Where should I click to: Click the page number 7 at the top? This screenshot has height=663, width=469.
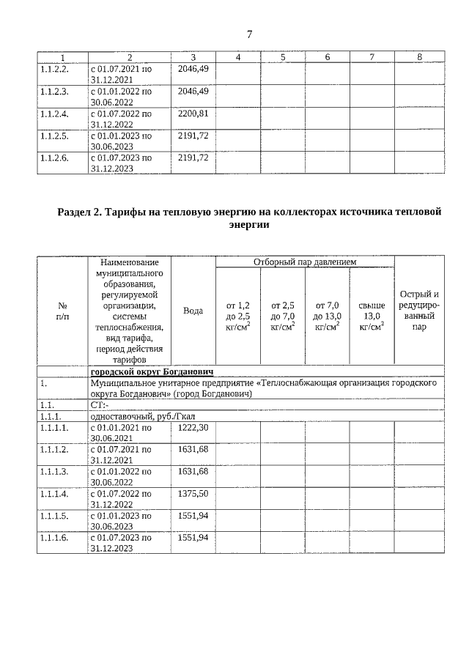(x=249, y=34)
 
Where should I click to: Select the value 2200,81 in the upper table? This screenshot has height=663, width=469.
(x=193, y=114)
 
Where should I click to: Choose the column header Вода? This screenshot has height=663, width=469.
(x=193, y=311)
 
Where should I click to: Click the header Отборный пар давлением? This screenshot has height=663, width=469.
(x=304, y=262)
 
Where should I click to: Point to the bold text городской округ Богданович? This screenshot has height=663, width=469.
(x=151, y=371)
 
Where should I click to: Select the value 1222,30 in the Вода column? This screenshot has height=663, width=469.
(x=193, y=427)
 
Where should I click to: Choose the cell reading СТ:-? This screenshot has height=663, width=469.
(x=99, y=404)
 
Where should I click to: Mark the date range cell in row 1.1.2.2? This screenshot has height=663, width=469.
(x=121, y=74)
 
